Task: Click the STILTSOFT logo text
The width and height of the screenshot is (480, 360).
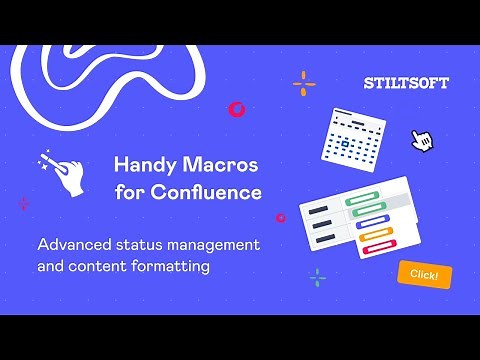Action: (406, 83)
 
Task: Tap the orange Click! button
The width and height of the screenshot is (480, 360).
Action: (424, 273)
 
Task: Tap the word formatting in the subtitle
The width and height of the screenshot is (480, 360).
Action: (209, 267)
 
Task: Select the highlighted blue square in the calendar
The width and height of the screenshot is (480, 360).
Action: (346, 143)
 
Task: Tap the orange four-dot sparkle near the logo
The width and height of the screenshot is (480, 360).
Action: (304, 83)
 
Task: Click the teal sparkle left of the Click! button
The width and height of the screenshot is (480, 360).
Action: (318, 277)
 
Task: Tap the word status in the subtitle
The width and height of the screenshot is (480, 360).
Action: (138, 244)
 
